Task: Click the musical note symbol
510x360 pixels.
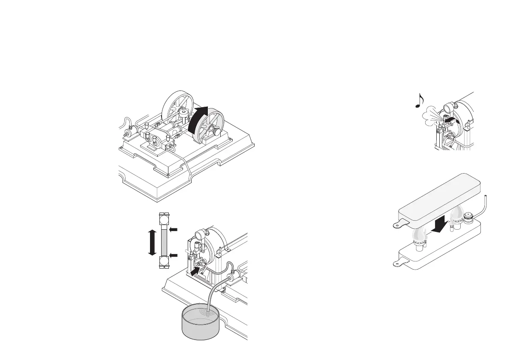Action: coord(419,100)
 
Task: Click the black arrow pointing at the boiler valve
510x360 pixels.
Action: coord(195,270)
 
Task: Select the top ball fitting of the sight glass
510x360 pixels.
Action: coord(164,220)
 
